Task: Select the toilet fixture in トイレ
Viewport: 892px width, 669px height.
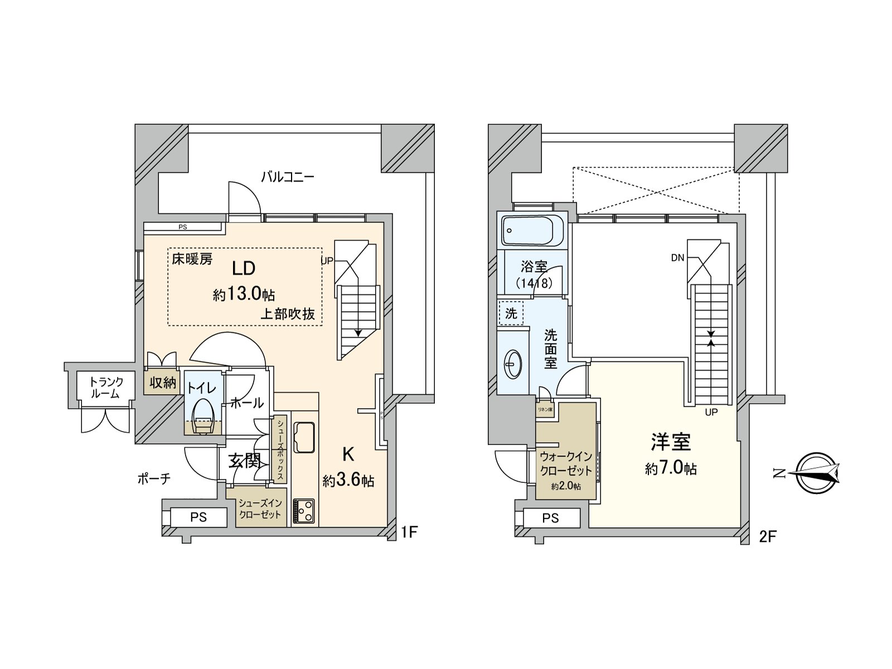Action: point(202,418)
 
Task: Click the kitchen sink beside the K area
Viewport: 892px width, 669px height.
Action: point(303,438)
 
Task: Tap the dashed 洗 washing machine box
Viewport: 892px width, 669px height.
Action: point(511,313)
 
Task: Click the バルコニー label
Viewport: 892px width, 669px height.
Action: point(288,177)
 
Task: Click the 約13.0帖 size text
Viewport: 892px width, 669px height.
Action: point(244,294)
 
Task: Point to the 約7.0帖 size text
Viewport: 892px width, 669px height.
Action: point(671,468)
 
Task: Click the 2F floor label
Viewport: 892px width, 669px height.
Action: point(767,537)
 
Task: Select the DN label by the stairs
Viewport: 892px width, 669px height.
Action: point(677,258)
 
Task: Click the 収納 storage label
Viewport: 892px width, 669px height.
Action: point(163,383)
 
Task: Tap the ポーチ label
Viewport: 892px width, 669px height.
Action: point(153,478)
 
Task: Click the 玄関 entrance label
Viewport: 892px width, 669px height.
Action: point(245,461)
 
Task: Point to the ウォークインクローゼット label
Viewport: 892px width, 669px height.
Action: point(566,463)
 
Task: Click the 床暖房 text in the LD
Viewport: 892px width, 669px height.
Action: point(192,259)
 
